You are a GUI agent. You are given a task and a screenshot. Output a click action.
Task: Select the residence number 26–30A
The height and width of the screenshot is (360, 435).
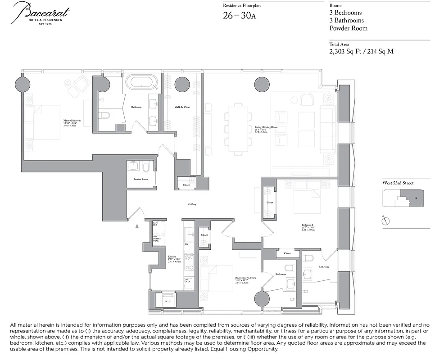(x=240, y=16)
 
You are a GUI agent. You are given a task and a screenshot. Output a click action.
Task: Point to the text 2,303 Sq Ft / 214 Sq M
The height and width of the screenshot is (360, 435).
(x=361, y=51)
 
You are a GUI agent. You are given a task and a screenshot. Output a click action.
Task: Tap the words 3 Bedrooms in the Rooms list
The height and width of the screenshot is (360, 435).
(x=345, y=13)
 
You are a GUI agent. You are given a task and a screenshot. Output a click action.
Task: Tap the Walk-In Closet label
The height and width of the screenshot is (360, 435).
(x=182, y=107)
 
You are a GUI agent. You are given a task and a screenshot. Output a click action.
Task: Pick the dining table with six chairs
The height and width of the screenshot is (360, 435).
(x=237, y=127)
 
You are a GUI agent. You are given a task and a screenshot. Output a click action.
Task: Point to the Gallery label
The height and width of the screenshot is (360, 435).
(x=192, y=204)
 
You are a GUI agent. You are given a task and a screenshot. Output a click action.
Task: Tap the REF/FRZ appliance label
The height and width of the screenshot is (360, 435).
(x=155, y=224)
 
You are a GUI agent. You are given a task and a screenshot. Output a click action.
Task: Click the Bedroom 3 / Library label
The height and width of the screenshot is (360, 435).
(x=245, y=278)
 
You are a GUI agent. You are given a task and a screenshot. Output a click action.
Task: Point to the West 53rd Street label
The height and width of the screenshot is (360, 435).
(x=398, y=183)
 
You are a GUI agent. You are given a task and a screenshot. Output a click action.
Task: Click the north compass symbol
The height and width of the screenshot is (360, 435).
(x=385, y=220)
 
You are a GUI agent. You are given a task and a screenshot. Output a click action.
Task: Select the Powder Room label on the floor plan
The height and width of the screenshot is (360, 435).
(x=140, y=179)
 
